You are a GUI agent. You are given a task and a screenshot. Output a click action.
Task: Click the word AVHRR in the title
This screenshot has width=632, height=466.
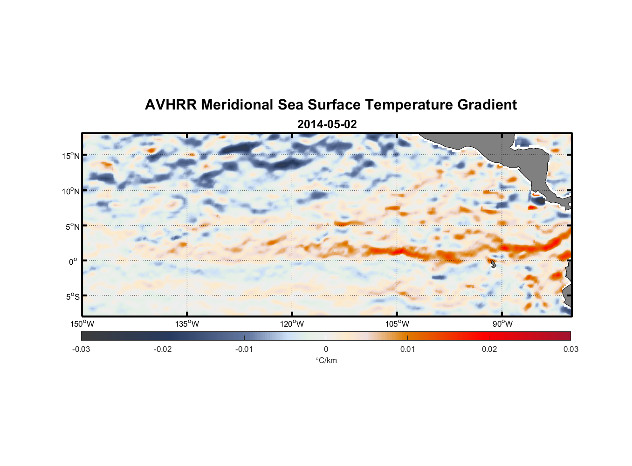click(171, 105)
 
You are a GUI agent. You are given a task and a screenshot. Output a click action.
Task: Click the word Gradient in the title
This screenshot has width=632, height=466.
click(487, 105)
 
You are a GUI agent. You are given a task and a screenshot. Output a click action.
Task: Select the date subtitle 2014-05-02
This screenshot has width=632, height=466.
click(327, 124)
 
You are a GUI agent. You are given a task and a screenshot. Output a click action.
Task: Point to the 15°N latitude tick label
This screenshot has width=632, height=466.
click(71, 156)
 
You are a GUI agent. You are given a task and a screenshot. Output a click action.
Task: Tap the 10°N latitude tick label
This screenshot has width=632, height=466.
click(71, 191)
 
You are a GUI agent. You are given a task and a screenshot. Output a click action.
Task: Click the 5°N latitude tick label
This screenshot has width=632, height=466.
click(72, 226)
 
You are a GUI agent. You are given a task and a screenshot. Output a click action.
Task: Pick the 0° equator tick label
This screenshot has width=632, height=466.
click(74, 261)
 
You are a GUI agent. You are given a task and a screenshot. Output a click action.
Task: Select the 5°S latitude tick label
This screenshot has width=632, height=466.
click(72, 296)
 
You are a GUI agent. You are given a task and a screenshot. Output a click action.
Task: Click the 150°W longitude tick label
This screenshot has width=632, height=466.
click(82, 324)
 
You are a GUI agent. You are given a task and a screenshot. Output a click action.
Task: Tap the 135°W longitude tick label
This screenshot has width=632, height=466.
click(187, 324)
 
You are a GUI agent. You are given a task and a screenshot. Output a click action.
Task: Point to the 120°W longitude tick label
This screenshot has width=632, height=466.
click(292, 324)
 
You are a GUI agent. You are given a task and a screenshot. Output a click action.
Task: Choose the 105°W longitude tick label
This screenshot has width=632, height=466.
click(397, 324)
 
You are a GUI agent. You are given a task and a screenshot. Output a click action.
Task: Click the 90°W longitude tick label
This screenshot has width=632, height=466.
click(502, 324)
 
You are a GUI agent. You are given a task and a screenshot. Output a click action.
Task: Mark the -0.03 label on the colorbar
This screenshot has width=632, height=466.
click(81, 349)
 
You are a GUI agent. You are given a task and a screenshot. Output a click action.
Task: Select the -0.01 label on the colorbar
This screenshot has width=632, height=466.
click(244, 349)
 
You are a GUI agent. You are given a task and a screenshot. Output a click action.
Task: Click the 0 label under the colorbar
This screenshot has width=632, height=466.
click(326, 349)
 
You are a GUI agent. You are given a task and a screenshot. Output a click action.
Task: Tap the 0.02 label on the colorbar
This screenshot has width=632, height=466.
click(489, 349)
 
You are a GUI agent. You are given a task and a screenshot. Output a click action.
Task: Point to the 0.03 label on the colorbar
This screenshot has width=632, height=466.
click(570, 349)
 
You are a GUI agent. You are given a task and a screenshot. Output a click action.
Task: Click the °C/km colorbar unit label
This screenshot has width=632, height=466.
click(326, 360)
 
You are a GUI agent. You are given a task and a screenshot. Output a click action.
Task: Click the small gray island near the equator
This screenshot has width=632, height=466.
click(493, 264)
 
